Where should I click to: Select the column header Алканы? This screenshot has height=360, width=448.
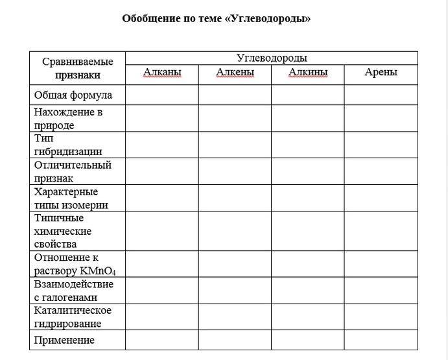click(161, 72)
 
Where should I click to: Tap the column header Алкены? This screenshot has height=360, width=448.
click(235, 72)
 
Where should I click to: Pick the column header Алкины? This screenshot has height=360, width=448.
click(307, 72)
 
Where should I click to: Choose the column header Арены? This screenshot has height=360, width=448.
click(381, 72)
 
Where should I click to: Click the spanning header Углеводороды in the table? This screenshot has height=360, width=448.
click(272, 58)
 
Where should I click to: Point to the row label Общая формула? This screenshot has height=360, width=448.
click(73, 95)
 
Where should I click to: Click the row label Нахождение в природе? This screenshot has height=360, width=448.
click(69, 119)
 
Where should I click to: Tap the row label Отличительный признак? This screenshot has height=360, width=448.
click(73, 171)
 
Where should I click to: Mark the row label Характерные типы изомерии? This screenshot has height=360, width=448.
click(71, 198)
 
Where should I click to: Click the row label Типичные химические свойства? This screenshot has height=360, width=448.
click(63, 231)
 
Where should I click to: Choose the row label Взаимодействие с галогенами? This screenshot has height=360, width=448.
click(74, 291)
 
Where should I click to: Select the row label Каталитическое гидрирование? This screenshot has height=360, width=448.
click(73, 317)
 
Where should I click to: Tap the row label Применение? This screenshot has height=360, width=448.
click(64, 340)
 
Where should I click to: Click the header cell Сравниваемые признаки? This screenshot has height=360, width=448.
click(78, 68)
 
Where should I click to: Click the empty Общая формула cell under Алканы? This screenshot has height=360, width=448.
click(161, 95)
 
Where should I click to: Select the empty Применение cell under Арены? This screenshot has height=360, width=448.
click(381, 340)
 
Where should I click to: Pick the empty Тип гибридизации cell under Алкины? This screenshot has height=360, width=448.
click(307, 145)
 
